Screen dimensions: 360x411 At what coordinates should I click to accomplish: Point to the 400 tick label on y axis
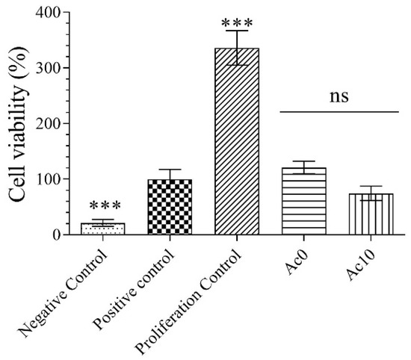point(47,13)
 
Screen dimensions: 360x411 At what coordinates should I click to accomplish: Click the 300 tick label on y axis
point(47,68)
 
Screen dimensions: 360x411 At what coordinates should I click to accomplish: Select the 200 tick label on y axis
point(47,123)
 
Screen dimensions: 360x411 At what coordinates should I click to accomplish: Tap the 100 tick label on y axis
point(47,179)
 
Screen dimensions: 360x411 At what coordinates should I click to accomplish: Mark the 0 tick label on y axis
point(56,235)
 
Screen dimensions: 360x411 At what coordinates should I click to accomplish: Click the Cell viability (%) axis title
point(16,123)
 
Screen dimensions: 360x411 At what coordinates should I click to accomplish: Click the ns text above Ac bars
point(339,96)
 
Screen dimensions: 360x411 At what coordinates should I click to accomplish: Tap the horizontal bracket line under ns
point(339,112)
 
